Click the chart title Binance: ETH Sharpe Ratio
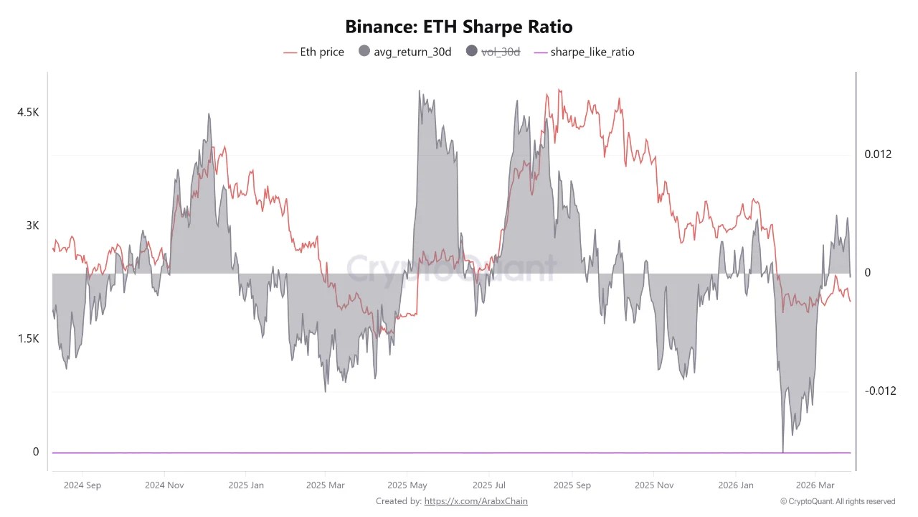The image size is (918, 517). point(458,27)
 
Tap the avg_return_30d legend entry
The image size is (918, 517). point(404,52)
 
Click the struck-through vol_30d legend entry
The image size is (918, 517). point(493,52)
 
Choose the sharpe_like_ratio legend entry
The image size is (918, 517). point(585,52)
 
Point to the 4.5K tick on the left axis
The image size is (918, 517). point(29,112)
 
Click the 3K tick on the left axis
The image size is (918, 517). point(32,225)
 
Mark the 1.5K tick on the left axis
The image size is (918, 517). point(29,338)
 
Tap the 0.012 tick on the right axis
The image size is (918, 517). point(878,154)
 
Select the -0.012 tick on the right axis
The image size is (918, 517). point(880,391)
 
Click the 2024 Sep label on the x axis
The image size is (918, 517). point(82,485)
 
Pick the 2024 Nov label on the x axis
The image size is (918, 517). point(164,485)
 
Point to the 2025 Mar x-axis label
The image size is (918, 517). point(325,485)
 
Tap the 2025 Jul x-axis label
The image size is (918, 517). point(491,485)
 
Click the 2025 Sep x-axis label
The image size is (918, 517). point(572,485)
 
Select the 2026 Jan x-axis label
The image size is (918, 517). point(737,485)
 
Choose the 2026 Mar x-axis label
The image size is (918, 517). point(815,485)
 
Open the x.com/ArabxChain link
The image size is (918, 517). point(475,501)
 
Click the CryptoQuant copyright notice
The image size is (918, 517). point(838,501)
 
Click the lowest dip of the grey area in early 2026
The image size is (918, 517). point(783,450)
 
